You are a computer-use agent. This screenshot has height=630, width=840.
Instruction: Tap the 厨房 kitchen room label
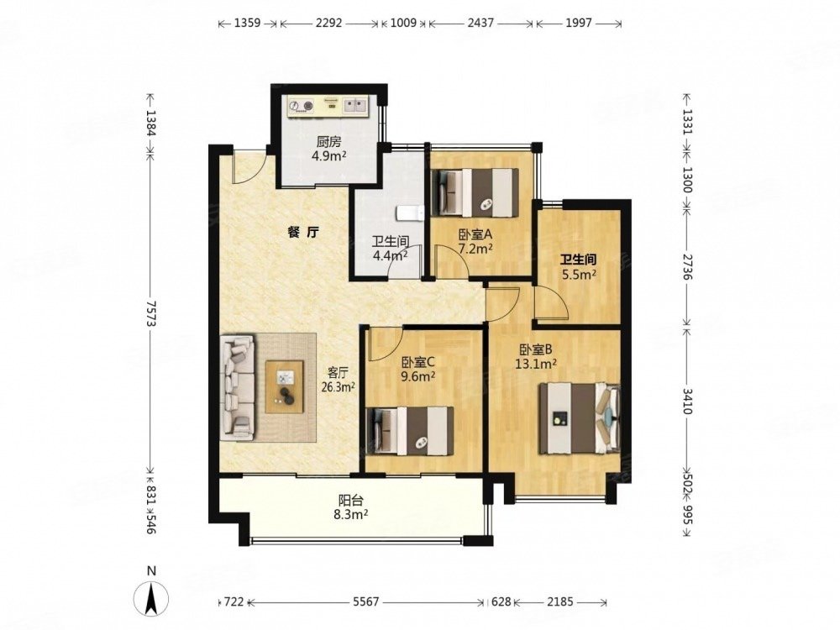click(328, 143)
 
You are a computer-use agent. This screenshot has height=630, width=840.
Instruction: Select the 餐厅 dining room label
click(303, 232)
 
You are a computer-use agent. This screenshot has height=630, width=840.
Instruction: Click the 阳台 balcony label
click(351, 501)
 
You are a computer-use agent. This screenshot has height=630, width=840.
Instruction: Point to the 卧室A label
click(475, 235)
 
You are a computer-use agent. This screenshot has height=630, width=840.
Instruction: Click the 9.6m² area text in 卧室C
click(417, 376)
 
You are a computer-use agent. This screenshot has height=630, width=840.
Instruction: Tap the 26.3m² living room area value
click(338, 386)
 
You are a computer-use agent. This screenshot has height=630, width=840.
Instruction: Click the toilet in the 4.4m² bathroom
click(411, 213)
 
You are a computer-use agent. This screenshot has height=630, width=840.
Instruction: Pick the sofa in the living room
click(238, 388)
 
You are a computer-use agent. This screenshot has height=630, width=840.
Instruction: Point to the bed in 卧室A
click(475, 193)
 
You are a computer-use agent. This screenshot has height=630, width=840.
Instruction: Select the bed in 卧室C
click(411, 431)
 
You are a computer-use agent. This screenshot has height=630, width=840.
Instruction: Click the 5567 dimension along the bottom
click(366, 602)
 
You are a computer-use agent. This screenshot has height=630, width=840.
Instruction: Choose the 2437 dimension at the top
click(480, 23)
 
